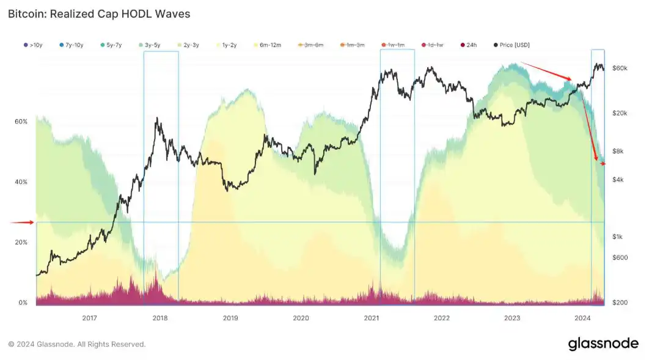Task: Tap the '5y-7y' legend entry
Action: pos(109,45)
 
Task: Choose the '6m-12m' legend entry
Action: pos(267,45)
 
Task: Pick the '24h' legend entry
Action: pos(468,45)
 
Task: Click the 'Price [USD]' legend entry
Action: pos(513,45)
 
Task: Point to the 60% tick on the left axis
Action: pos(21,122)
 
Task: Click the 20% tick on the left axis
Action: pos(21,242)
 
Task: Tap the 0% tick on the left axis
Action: pos(23,303)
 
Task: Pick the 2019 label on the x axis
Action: pos(230,318)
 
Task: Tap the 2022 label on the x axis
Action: pos(442,318)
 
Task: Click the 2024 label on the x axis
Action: pos(582,318)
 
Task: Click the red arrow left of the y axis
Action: pos(23,222)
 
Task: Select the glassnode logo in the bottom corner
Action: pos(603,343)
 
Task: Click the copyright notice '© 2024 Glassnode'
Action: pos(77,344)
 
